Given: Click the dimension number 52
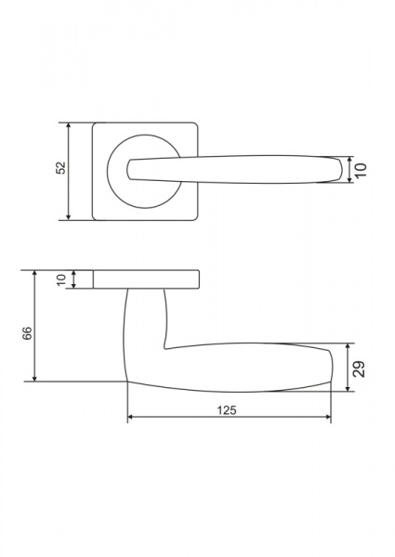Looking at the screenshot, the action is [61, 168].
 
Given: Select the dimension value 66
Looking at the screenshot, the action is [27, 333].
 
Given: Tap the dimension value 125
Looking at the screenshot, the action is [227, 410].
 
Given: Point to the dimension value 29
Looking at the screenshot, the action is [359, 369].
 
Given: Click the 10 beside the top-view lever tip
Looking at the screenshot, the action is [361, 170].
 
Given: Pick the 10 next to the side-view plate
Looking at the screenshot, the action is [61, 279].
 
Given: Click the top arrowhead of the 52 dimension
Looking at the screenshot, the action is [69, 126].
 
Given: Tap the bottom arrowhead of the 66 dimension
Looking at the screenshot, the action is [34, 378].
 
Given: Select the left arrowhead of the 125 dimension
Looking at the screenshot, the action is [131, 417].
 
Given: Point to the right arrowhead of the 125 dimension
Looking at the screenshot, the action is [327, 417].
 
